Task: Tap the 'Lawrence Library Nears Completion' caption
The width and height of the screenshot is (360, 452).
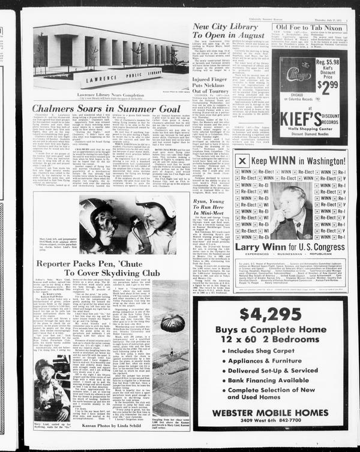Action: [x=107, y=95]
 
